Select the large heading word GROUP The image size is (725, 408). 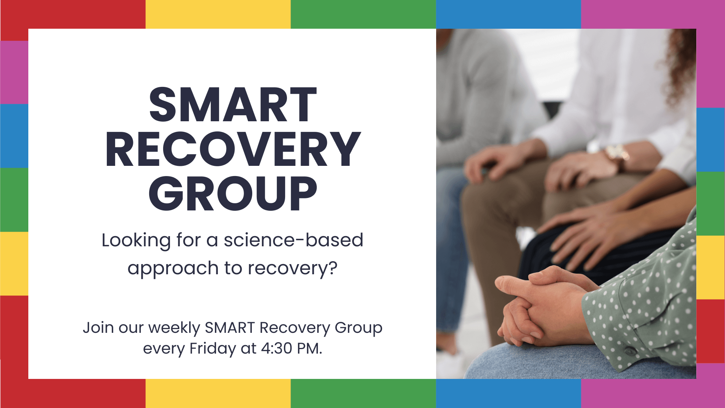[233, 194]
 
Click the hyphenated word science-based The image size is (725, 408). [293, 240]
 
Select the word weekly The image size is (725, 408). [174, 328]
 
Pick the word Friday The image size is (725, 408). [212, 348]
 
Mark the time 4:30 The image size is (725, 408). [276, 348]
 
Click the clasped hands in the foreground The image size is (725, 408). [540, 306]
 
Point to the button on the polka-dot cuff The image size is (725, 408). [629, 351]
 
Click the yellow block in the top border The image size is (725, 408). [218, 14]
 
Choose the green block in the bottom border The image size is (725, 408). [363, 393]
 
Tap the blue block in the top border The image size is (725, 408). [508, 14]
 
